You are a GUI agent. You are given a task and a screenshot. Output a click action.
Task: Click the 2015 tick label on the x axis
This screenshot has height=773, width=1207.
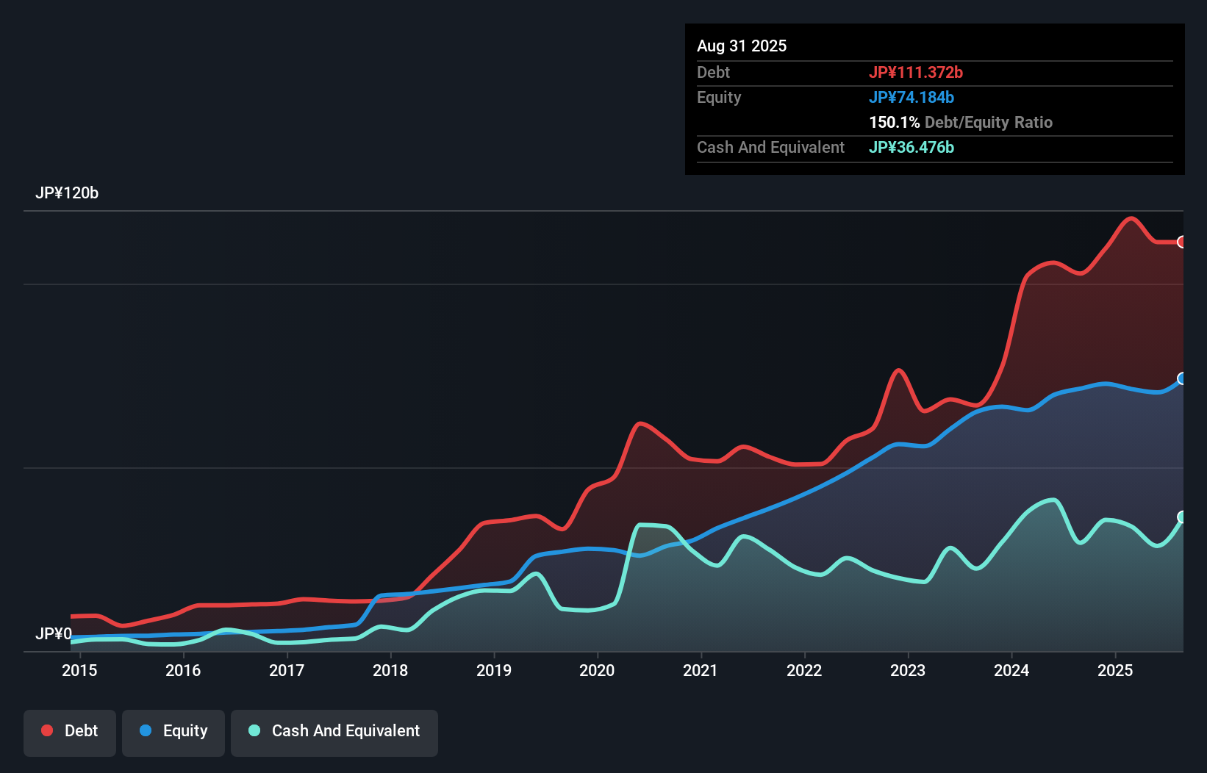point(79,670)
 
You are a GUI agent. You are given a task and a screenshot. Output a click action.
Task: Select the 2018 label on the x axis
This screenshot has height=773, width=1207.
point(390,670)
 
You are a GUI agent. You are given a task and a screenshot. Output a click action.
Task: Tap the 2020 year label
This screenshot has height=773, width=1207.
point(597,670)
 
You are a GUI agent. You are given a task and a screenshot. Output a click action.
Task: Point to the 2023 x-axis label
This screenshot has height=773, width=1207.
point(908,670)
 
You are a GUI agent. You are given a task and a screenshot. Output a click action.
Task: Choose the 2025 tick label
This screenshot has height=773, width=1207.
point(1115,670)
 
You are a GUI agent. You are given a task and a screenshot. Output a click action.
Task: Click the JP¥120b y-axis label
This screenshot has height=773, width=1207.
point(67,193)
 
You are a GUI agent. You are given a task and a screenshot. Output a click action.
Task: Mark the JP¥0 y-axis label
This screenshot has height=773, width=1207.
point(54,633)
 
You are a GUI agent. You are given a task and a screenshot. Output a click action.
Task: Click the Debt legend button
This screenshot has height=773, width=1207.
point(70,731)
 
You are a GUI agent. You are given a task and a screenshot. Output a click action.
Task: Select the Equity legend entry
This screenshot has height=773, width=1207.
point(173,731)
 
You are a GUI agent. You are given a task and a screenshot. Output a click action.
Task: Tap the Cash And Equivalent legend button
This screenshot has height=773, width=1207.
point(334,731)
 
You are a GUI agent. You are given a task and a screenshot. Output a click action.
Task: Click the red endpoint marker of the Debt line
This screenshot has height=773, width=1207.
point(1182,242)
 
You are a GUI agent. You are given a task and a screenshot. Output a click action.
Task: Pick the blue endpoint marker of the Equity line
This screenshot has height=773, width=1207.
point(1182,378)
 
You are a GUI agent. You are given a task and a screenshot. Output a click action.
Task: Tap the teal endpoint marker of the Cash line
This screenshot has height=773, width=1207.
point(1182,517)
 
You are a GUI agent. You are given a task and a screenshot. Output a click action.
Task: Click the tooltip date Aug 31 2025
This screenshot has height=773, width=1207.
point(742,46)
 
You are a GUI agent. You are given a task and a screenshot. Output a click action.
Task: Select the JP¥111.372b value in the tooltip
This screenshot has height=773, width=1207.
point(916,72)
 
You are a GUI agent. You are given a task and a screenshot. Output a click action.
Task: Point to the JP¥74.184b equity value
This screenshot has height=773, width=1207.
point(911,97)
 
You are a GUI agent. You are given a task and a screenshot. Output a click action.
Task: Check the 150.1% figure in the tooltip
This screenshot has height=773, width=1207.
point(894,122)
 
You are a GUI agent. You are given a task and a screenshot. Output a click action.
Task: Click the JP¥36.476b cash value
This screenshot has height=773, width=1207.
point(911,147)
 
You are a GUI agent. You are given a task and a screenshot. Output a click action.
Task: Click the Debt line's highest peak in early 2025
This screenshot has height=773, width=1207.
point(1131,218)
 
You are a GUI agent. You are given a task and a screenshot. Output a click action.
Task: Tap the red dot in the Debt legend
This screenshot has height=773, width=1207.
point(47,730)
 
